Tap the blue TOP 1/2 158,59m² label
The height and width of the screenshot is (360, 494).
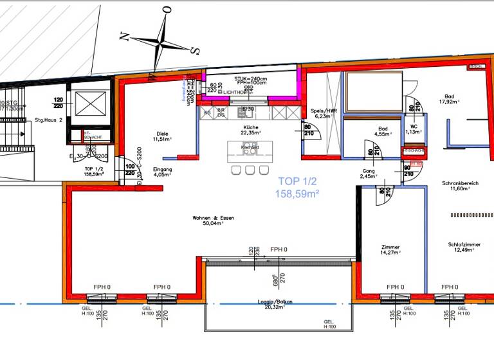pos(297,187)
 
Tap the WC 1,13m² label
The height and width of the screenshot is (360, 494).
pos(414,129)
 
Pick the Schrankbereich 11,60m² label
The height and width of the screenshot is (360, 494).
pos(460,186)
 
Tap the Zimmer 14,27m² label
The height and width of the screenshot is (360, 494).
pos(390,250)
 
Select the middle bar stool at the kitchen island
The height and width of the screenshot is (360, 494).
pos(249,170)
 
